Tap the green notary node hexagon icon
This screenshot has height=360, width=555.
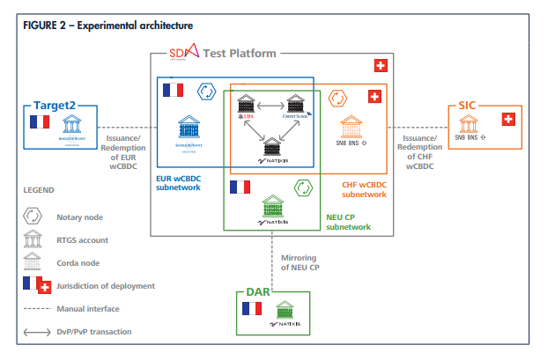coord(300,187)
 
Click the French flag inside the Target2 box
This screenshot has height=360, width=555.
coord(39,123)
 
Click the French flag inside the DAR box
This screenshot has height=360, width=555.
coord(252,308)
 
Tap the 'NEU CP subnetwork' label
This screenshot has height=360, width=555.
coord(342,222)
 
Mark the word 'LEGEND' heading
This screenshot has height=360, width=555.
coord(39,189)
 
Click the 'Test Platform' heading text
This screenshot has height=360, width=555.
coord(240,53)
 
